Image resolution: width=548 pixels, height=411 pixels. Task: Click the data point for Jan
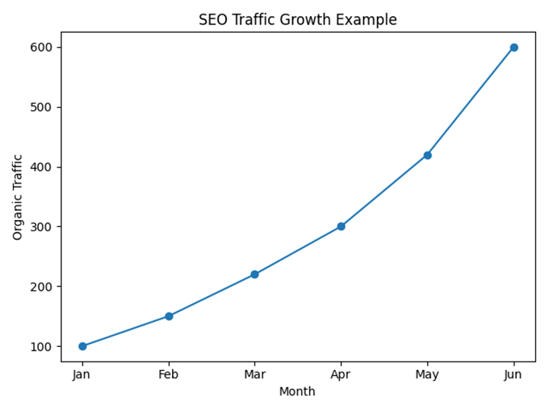tap(82, 346)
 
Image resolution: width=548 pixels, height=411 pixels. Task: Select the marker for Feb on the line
tap(169, 316)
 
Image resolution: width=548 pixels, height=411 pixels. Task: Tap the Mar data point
tap(254, 274)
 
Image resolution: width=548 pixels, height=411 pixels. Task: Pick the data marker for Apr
tap(341, 226)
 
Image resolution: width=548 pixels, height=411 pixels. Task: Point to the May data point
tap(427, 155)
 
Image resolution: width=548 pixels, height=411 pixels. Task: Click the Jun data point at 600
tap(514, 47)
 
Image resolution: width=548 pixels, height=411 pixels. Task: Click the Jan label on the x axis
tap(82, 374)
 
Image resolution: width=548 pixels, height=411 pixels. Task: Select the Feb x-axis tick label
tap(169, 374)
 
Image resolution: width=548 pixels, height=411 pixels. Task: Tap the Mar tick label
tap(254, 374)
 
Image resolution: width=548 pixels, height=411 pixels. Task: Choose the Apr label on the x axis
tap(341, 374)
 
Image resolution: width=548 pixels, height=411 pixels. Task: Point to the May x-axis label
tap(427, 374)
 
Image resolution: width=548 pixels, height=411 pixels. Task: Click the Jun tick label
tap(514, 374)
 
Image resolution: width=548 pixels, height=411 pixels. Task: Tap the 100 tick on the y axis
tap(42, 346)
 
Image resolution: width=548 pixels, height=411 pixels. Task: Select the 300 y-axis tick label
tap(42, 227)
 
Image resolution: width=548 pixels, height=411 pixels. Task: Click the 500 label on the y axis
tap(42, 107)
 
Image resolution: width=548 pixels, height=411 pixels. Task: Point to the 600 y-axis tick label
tap(42, 47)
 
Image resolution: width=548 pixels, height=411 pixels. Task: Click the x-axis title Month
tap(297, 392)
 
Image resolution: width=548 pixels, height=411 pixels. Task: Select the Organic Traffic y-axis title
tap(18, 197)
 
